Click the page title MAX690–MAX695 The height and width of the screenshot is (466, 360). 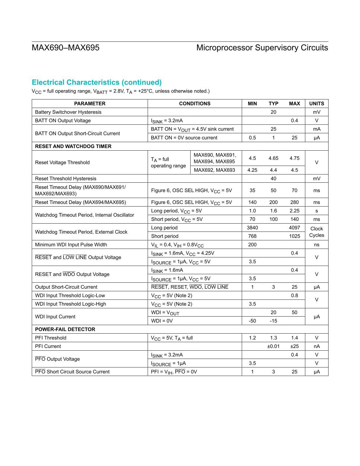point(66,48)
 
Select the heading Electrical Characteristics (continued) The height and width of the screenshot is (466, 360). point(97,82)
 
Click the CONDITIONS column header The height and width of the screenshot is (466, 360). point(195,104)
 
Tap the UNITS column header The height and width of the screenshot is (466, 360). point(316,104)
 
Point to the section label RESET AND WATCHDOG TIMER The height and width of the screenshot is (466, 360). point(73,146)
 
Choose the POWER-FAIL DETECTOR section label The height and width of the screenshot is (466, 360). point(65,329)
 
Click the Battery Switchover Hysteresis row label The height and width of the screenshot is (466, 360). point(68,112)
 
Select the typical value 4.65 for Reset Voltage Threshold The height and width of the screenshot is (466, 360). point(273,158)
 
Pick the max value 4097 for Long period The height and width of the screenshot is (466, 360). point(294,228)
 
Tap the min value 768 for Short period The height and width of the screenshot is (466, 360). point(252,236)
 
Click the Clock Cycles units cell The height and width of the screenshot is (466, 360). point(316,232)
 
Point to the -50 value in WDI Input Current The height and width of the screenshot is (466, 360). point(252,321)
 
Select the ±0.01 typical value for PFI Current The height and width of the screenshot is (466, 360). point(273,346)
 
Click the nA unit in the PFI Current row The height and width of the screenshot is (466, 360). point(316,346)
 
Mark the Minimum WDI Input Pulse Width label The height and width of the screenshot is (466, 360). point(71,245)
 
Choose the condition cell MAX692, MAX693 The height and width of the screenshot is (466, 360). point(214,170)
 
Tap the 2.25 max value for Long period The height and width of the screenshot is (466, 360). point(294,211)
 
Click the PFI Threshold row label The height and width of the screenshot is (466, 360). point(51,338)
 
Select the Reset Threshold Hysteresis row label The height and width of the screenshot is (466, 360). point(66,179)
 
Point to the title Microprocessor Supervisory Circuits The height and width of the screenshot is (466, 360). point(262,48)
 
